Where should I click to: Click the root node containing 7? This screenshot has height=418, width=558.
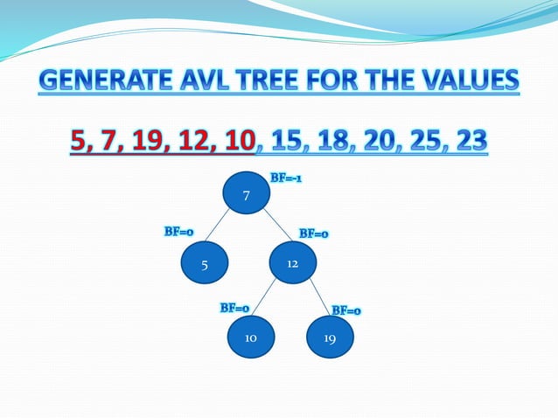click(247, 195)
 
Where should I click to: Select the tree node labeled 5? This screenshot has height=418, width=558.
click(204, 263)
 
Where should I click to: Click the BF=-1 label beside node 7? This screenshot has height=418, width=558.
click(286, 178)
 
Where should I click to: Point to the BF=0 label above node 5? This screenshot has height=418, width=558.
click(178, 232)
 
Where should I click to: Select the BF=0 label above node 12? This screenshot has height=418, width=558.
click(313, 233)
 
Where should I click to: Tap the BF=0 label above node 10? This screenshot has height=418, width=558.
click(234, 308)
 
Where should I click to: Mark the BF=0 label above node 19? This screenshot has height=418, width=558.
click(346, 310)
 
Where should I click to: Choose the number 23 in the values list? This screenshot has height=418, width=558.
click(468, 140)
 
